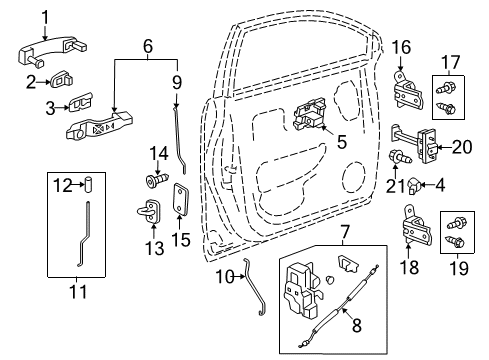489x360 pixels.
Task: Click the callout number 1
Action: point(45,15)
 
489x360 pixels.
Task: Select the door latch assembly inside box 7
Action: point(303,291)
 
